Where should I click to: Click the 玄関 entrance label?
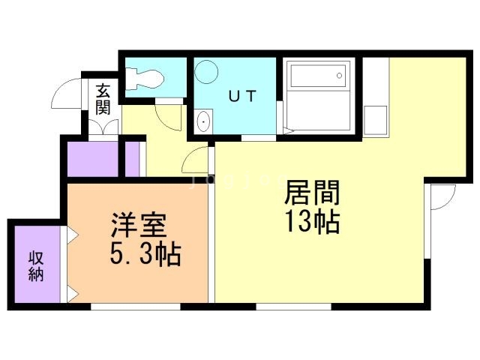pos(103,98)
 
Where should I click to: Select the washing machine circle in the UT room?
pos(205,73)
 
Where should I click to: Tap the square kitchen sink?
pos(376,119)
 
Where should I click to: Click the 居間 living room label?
pos(312,193)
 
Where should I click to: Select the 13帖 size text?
pos(312,223)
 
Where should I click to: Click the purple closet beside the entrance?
pos(93,157)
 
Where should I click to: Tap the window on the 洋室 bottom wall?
pos(135,306)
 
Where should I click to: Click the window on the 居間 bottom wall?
pos(292,306)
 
